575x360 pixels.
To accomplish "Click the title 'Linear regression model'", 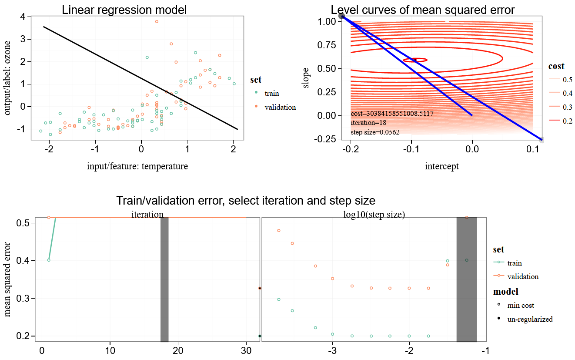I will pyautogui.click(x=124, y=10).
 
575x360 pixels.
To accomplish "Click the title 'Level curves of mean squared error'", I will pyautogui.click(x=422, y=10).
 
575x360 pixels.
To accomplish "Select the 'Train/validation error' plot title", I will pyautogui.click(x=245, y=201).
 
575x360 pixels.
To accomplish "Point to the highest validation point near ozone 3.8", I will pyautogui.click(x=157, y=21).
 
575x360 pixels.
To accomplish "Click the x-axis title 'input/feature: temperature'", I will pyautogui.click(x=137, y=166).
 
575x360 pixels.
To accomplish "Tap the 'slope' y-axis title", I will pyautogui.click(x=307, y=77).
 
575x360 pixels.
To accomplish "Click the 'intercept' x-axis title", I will pyautogui.click(x=441, y=166).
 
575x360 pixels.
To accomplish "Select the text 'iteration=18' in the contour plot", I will pyautogui.click(x=368, y=123).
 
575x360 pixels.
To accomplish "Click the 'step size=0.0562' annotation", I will pyautogui.click(x=375, y=132).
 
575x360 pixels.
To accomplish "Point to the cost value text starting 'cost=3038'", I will pyautogui.click(x=392, y=114).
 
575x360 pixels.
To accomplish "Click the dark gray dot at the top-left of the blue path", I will pyautogui.click(x=342, y=16).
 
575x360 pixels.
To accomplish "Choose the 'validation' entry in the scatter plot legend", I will pyautogui.click(x=280, y=107).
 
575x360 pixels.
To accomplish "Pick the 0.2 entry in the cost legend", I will pyautogui.click(x=567, y=121).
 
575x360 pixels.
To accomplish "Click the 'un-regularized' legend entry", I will pyautogui.click(x=529, y=319).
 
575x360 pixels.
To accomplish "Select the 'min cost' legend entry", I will pyautogui.click(x=520, y=305).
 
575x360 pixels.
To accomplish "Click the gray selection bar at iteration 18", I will pyautogui.click(x=164, y=279).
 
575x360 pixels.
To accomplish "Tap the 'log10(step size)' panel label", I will pyautogui.click(x=374, y=215).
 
